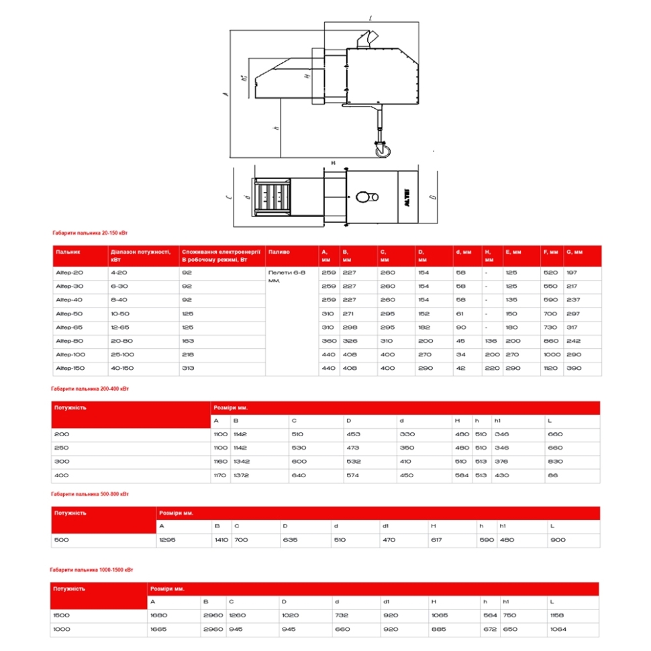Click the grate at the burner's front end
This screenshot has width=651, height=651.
click(x=271, y=196)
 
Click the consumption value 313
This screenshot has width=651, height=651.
click(x=187, y=368)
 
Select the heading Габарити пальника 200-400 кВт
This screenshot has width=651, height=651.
click(x=90, y=389)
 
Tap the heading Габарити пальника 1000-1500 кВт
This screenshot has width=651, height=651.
click(x=93, y=569)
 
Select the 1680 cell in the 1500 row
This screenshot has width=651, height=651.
click(x=159, y=615)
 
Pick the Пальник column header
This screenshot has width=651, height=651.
click(x=68, y=252)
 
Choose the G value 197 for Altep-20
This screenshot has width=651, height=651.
click(x=572, y=273)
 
